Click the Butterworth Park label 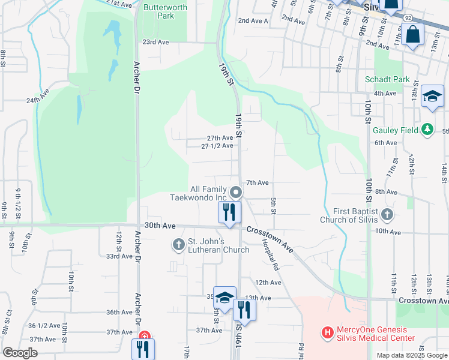click(x=165, y=11)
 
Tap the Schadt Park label click(x=387, y=79)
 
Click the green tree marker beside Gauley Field click(x=427, y=129)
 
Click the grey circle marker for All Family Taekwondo click(x=237, y=193)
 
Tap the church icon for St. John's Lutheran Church click(x=178, y=244)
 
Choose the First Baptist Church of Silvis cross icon click(x=388, y=214)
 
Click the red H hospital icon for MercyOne click(x=328, y=331)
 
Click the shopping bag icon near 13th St click(x=414, y=34)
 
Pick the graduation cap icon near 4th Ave click(x=432, y=96)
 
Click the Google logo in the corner click(x=20, y=353)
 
